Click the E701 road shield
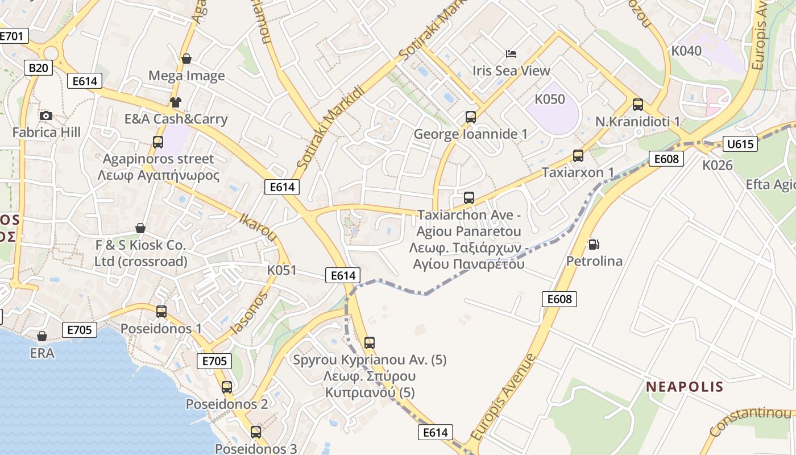13,36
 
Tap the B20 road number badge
39,68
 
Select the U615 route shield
740,144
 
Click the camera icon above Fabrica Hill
46,116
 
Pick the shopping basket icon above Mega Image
186,59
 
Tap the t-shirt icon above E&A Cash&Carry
175,102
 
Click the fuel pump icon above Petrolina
594,245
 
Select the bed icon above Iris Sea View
511,54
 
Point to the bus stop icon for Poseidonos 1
161,312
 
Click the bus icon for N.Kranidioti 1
638,105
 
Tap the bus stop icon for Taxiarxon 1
578,156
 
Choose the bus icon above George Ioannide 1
471,117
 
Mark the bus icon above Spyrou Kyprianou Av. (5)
370,343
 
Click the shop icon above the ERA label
42,336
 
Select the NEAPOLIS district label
685,387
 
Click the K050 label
550,100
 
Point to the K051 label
282,270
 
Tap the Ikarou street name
258,226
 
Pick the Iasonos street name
248,313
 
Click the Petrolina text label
594,262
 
